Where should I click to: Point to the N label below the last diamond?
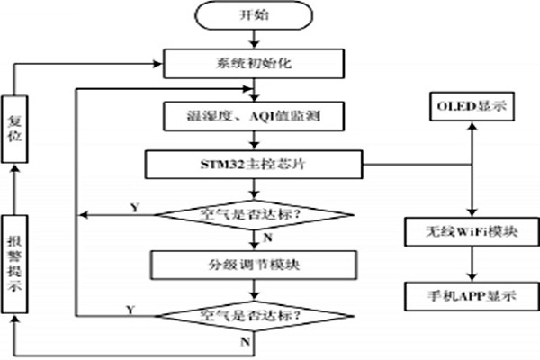(x=246, y=341)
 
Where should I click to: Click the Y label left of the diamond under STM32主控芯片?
(x=133, y=208)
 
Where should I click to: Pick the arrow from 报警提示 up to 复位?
(x=15, y=194)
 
